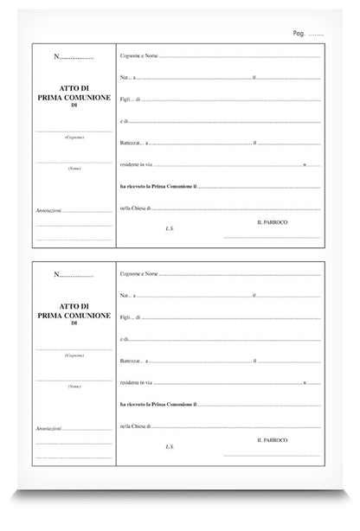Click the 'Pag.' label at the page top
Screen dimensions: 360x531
299,33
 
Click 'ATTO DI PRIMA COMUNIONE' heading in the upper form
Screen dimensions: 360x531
74,96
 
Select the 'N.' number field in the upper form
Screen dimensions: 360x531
74,57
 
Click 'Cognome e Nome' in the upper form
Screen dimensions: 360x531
138,57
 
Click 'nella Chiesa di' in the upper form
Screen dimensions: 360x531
138,207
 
